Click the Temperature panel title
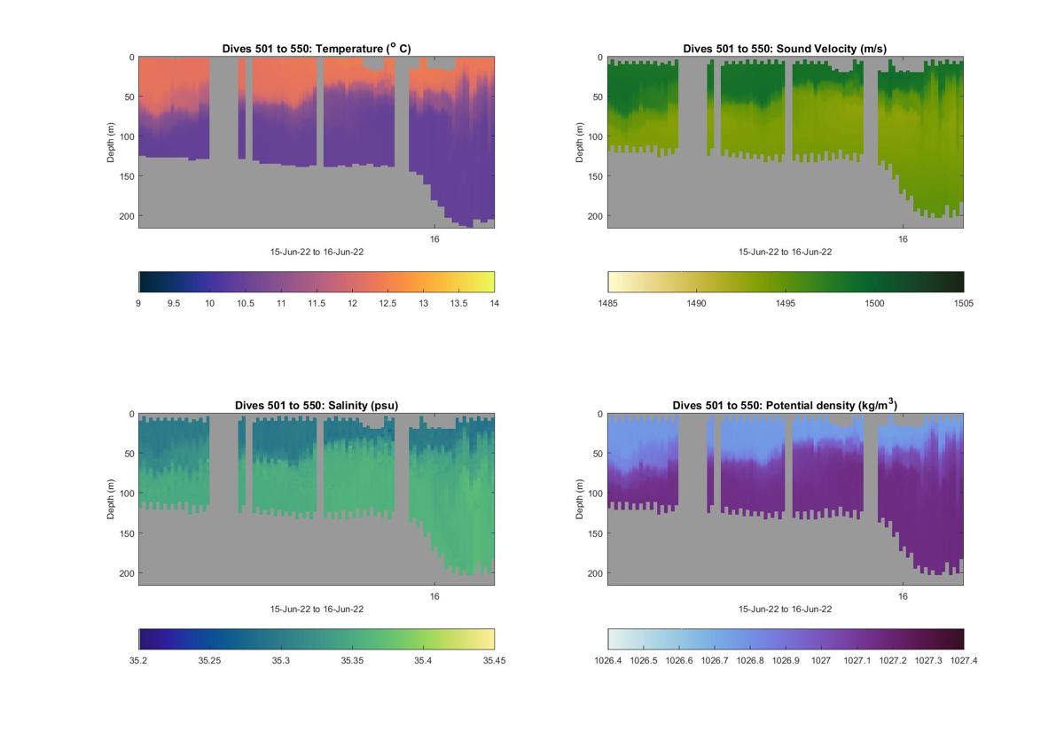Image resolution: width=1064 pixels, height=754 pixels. pyautogui.click(x=317, y=48)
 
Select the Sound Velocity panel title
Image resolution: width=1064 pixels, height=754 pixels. pyautogui.click(x=785, y=48)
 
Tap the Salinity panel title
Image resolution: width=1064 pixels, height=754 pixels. pyautogui.click(x=317, y=405)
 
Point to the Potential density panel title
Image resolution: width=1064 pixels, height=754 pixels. pyautogui.click(x=785, y=405)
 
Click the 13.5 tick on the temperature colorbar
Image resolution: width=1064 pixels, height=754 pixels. pyautogui.click(x=458, y=303)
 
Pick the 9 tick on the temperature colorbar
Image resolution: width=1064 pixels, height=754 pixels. pyautogui.click(x=138, y=303)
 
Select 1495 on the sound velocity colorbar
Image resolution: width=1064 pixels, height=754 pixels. pyautogui.click(x=786, y=303)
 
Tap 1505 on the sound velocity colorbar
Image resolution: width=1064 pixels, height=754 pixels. pyautogui.click(x=963, y=303)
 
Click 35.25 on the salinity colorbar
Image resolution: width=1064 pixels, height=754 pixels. pyautogui.click(x=209, y=660)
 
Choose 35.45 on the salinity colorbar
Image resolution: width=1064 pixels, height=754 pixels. pyautogui.click(x=494, y=660)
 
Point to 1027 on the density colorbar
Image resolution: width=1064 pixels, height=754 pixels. pyautogui.click(x=821, y=660)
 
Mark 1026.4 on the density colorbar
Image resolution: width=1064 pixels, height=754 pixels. pyautogui.click(x=608, y=660)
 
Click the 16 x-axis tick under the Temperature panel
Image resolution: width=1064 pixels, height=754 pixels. pyautogui.click(x=434, y=239)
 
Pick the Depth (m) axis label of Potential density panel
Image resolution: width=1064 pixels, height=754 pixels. pyautogui.click(x=580, y=500)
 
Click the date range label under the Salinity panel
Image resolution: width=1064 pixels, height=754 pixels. pyautogui.click(x=317, y=609)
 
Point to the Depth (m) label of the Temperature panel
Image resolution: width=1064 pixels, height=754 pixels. pyautogui.click(x=112, y=143)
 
